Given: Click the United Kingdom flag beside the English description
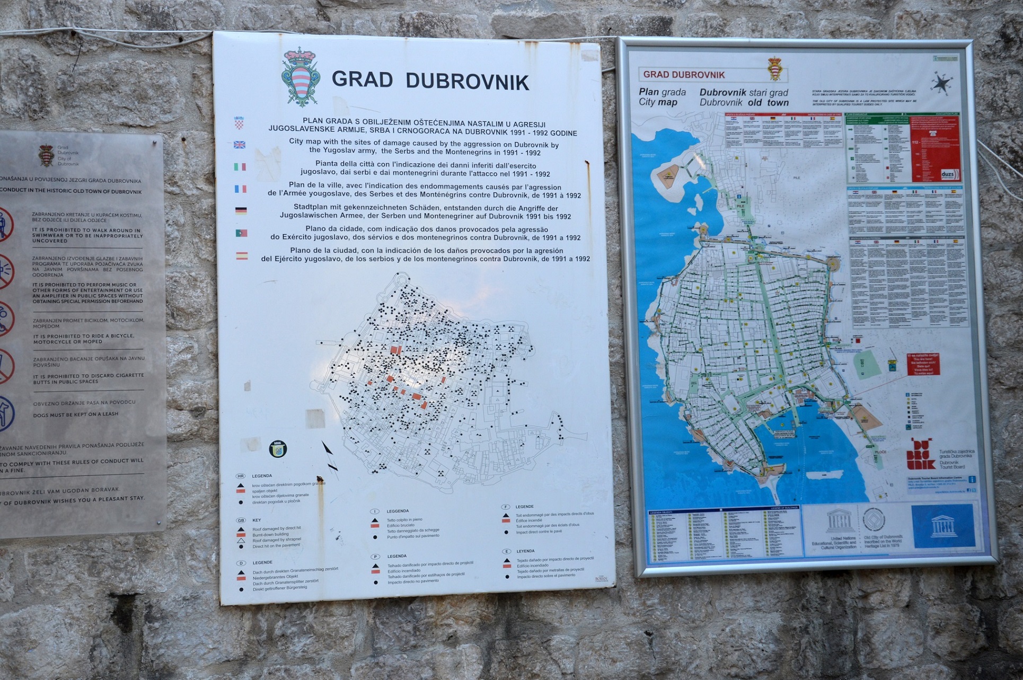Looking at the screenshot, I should pos(240,145).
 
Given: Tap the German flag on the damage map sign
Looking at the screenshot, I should pos(241,210).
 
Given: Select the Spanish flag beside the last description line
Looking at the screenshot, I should pos(242,255).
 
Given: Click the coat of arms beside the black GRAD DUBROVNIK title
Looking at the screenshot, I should pos(301,77).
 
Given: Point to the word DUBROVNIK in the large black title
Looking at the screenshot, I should pos(467,82).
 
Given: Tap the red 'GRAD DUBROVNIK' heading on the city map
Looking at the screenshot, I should pos(684,75).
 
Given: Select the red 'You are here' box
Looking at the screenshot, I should pos(923,364).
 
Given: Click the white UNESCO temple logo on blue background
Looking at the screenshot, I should pos(943,526).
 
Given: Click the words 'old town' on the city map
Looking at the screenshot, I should pos(768,103).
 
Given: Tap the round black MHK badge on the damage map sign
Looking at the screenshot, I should pos(278,448).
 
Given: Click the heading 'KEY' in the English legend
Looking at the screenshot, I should pos(257,520).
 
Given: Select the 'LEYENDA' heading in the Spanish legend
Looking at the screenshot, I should pos(525,551).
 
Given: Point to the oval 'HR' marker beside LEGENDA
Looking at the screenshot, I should pos(241,476).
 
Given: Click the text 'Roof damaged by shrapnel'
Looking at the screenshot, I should pos(276,540).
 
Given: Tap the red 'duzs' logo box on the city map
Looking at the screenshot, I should pos(948,174).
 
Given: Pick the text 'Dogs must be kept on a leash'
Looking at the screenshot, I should pos(76,414).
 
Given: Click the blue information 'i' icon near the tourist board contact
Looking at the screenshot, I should pos(972,479).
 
